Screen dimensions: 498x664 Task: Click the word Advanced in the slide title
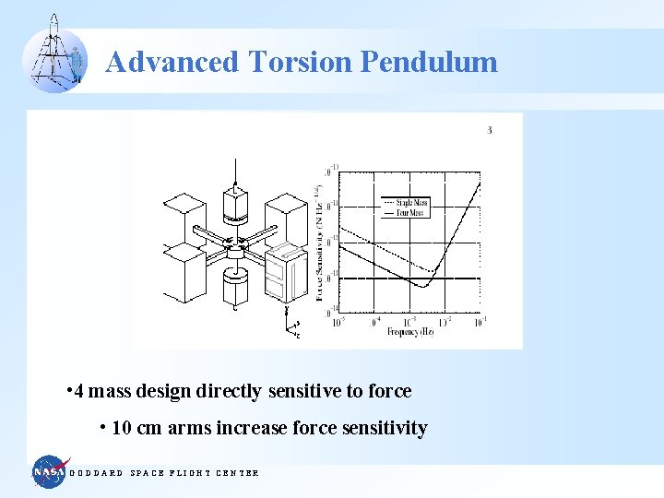click(x=172, y=63)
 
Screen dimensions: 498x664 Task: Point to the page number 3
click(x=490, y=130)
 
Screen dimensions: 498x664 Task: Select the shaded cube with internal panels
click(x=284, y=275)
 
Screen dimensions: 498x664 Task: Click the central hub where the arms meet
click(x=236, y=247)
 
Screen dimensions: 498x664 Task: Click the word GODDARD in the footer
click(x=97, y=473)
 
